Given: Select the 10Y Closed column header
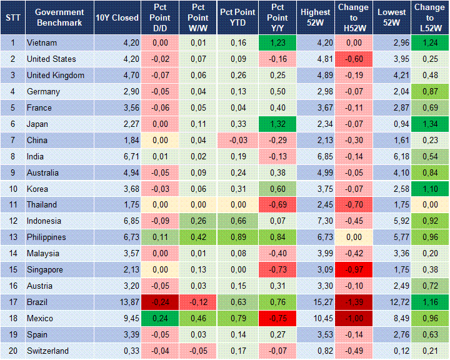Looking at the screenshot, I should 117,17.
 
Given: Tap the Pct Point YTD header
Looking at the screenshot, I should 237,17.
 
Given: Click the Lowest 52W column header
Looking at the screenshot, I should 392,17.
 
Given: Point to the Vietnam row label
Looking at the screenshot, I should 42,43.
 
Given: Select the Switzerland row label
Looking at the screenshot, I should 47,351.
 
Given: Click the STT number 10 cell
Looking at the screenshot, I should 12,189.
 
